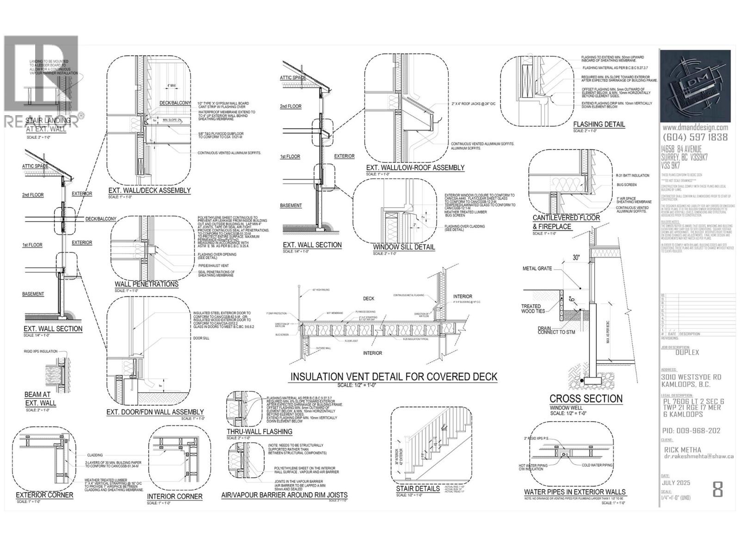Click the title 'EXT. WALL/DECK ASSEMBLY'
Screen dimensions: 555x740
pyautogui.click(x=149, y=191)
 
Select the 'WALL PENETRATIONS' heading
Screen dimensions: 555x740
pyautogui.click(x=146, y=284)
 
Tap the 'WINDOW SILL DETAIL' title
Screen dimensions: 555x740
pyautogui.click(x=404, y=247)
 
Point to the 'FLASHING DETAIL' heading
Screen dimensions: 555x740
pyautogui.click(x=599, y=124)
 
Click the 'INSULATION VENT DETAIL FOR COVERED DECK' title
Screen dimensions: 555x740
pyautogui.click(x=394, y=377)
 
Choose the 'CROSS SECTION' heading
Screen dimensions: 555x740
pyautogui.click(x=586, y=399)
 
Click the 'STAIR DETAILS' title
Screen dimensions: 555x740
pyautogui.click(x=418, y=489)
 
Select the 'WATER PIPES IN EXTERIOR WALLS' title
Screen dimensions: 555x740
pyautogui.click(x=574, y=492)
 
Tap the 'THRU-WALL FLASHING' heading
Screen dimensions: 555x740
pyautogui.click(x=259, y=432)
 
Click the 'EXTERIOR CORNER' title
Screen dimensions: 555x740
pyautogui.click(x=44, y=495)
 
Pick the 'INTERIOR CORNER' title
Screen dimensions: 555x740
pyautogui.click(x=174, y=496)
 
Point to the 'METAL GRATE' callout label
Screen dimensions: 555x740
pyautogui.click(x=537, y=268)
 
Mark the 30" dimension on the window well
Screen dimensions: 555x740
pyautogui.click(x=575, y=257)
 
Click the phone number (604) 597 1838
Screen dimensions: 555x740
pyautogui.click(x=695, y=137)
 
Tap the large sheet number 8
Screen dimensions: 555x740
pyautogui.click(x=717, y=489)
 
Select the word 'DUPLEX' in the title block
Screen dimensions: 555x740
pyautogui.click(x=687, y=352)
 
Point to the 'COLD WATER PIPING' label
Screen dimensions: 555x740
pyautogui.click(x=597, y=465)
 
